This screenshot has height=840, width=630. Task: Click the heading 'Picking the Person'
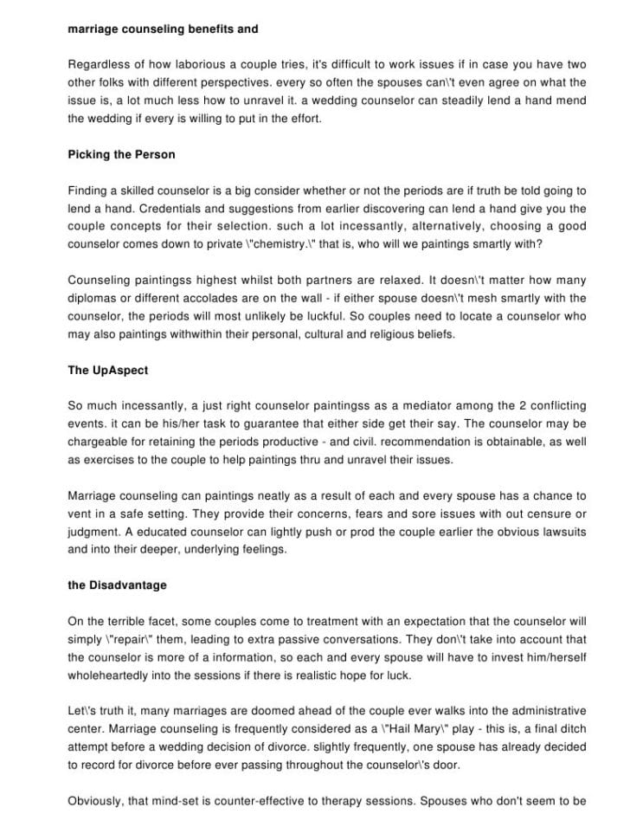tap(121, 155)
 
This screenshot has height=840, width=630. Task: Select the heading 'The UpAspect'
tap(107, 370)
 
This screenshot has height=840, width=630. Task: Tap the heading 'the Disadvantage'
tap(117, 585)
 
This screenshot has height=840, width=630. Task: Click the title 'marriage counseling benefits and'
tap(163, 29)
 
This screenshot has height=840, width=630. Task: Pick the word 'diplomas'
tap(93, 299)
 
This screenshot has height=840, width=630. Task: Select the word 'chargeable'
tap(99, 442)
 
